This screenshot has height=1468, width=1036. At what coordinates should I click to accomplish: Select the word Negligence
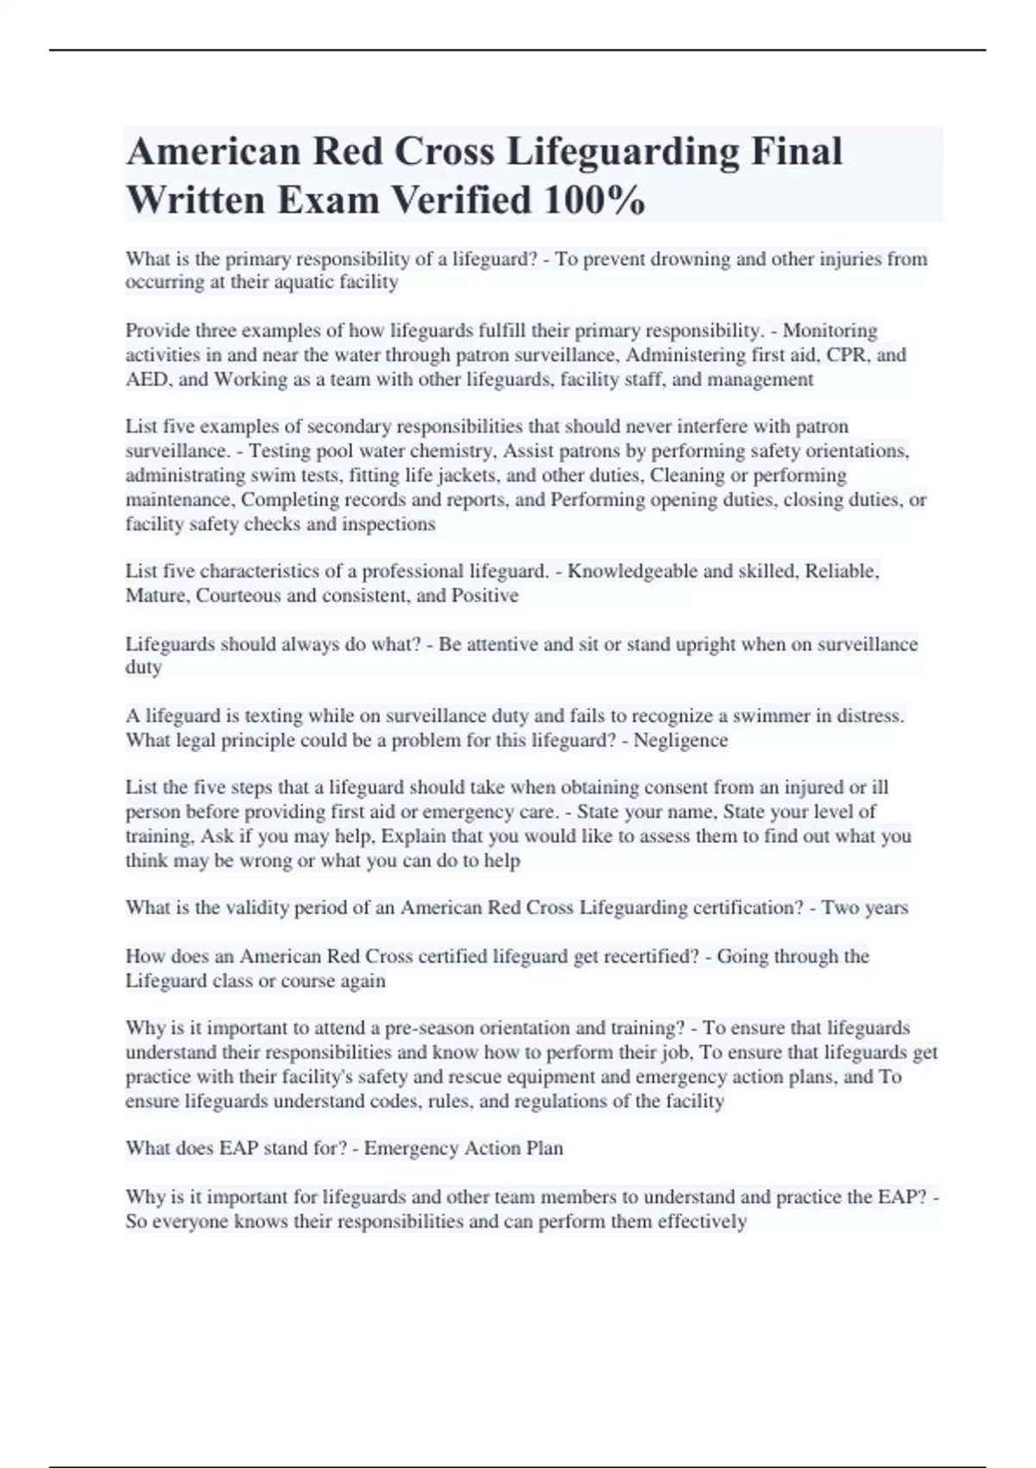[680, 740]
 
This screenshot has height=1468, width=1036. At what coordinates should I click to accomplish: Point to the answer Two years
[864, 908]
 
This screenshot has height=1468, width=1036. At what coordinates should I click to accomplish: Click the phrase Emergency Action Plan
[463, 1148]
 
